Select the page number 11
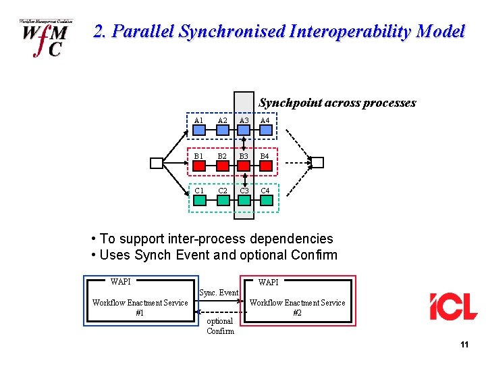click(464, 345)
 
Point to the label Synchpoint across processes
click(337, 103)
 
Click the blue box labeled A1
click(198, 129)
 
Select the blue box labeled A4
click(265, 129)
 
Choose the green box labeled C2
click(222, 199)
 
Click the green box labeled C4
click(265, 199)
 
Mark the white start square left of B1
click(157, 162)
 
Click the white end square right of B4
click(317, 162)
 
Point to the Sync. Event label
click(219, 293)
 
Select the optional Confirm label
click(220, 326)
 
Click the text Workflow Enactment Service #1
click(140, 308)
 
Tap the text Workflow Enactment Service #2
click(297, 308)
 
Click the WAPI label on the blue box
click(121, 281)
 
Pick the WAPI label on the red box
click(268, 282)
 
